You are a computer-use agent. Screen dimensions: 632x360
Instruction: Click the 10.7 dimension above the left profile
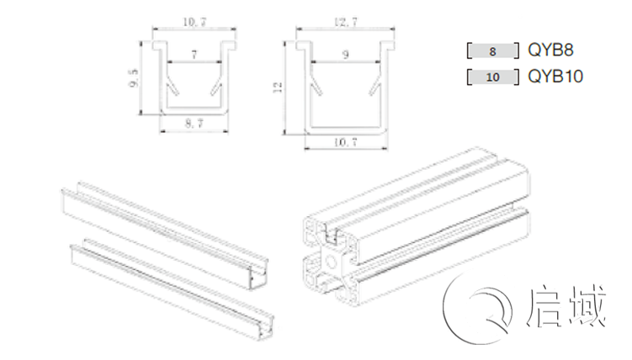[x=194, y=22]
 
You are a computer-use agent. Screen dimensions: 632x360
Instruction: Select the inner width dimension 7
[x=194, y=55]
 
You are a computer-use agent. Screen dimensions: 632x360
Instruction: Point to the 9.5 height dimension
[x=134, y=77]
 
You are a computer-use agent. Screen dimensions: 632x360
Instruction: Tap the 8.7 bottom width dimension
[x=194, y=123]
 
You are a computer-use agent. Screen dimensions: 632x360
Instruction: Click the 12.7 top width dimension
[x=345, y=22]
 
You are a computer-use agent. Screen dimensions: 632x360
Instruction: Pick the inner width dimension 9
[x=345, y=55]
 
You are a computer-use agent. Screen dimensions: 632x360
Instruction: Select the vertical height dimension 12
[x=278, y=87]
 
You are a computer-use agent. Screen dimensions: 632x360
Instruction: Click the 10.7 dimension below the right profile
[x=345, y=142]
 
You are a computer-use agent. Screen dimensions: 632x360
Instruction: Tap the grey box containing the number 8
[x=493, y=51]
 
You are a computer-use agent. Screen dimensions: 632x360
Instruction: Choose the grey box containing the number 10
[x=493, y=77]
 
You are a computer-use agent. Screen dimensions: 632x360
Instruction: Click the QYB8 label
[x=550, y=50]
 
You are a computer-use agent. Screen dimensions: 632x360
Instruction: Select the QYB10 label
[x=555, y=76]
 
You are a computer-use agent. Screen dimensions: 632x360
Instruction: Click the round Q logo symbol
[x=478, y=308]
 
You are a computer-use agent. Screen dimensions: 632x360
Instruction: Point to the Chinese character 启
[x=544, y=307]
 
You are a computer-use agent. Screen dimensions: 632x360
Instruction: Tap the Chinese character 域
[x=587, y=306]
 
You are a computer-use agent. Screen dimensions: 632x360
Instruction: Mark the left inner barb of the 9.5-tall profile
[x=172, y=88]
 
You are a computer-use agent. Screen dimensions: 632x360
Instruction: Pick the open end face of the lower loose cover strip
[x=266, y=327]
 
